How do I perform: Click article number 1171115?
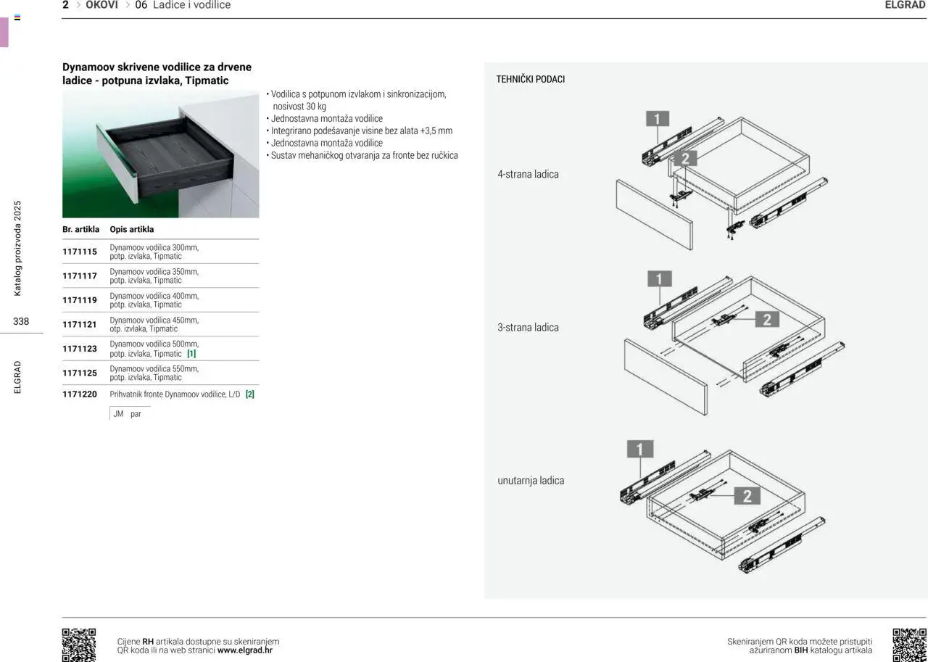[x=80, y=252]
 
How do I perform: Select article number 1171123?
[x=80, y=349]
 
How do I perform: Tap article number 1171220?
[x=80, y=394]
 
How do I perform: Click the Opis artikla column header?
[x=132, y=229]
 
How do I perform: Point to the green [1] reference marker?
[x=191, y=354]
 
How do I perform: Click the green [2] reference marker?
[x=250, y=394]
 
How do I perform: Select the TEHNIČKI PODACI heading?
[x=530, y=79]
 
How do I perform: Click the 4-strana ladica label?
[x=528, y=174]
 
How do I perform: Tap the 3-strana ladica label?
[x=528, y=327]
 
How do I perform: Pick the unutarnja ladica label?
[x=531, y=480]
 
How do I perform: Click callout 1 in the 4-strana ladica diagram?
[x=657, y=119]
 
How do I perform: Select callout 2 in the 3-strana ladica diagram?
[x=766, y=319]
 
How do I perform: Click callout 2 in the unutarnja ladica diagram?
[x=747, y=496]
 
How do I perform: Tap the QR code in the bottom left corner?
[x=78, y=645]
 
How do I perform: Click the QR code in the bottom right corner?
[x=909, y=645]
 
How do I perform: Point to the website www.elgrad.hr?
[x=245, y=650]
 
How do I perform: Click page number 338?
[x=21, y=321]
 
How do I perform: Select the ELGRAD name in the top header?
[x=905, y=5]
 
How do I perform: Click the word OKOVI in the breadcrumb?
[x=101, y=5]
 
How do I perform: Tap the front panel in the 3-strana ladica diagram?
[x=665, y=376]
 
